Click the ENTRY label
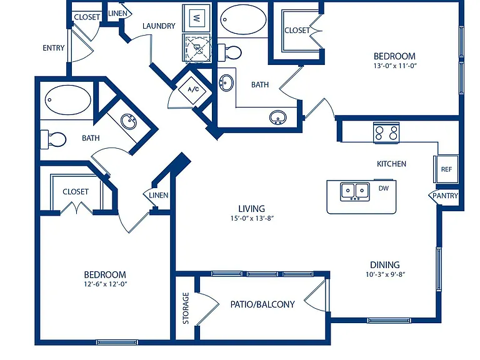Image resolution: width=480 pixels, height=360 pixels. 54,48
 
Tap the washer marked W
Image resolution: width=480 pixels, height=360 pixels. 196,17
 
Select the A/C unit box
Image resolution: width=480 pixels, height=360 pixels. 193,89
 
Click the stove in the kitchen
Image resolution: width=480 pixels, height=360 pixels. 386,132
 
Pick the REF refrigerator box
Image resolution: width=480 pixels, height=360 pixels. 446,169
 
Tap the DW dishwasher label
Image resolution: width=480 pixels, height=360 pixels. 384,188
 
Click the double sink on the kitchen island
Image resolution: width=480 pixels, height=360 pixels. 355,191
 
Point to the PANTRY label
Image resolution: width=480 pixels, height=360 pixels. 446,196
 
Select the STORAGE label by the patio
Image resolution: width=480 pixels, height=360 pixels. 186,308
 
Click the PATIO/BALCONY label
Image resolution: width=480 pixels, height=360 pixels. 262,304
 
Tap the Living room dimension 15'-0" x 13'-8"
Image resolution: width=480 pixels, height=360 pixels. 252,218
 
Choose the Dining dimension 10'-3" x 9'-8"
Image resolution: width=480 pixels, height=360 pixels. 386,274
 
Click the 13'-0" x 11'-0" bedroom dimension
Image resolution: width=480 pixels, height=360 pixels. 395,66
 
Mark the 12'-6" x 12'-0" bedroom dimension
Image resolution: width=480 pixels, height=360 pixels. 105,284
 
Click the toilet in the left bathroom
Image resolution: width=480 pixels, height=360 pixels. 53,139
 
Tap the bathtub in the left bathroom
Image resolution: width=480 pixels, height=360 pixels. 67,100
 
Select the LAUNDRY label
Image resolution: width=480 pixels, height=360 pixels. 159,26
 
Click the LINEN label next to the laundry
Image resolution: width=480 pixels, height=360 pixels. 118,14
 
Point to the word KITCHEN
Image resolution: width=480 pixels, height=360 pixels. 391,164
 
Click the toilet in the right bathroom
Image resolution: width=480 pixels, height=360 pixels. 229,52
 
